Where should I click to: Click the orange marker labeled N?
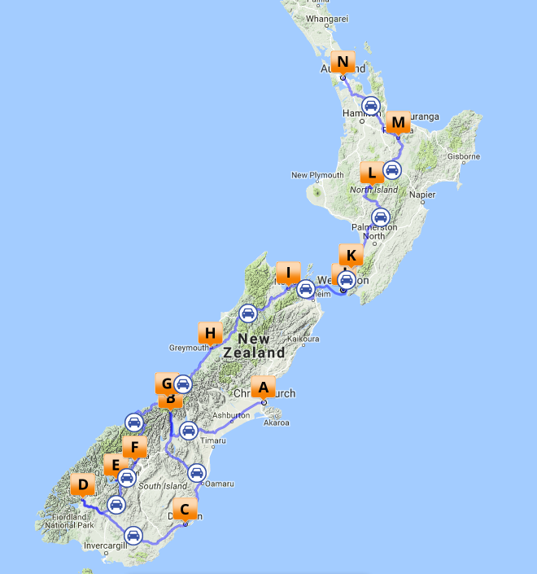tap(343, 62)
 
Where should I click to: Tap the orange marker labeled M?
tap(398, 123)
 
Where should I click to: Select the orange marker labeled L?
tap(371, 172)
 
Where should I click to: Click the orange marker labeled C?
tap(185, 510)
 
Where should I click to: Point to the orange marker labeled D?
tap(82, 485)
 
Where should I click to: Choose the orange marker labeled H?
tap(210, 332)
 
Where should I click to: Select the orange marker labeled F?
tap(134, 447)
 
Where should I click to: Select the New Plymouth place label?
tap(310, 175)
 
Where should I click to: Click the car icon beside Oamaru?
tap(197, 472)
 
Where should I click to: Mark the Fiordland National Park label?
tap(66, 521)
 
